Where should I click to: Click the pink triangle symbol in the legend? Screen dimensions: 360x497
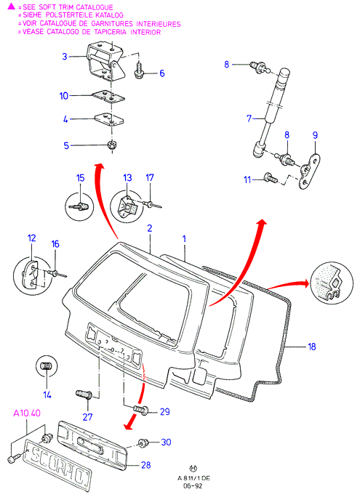[x=12, y=6]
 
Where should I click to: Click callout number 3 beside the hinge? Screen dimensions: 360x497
[x=65, y=57]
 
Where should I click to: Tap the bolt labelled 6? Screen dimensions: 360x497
[x=139, y=71]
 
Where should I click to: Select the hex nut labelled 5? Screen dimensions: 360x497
[x=112, y=145]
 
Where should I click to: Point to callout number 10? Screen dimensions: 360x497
[x=64, y=96]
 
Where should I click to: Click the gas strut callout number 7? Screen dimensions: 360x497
[x=249, y=118]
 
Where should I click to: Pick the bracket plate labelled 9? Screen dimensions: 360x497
[x=310, y=171]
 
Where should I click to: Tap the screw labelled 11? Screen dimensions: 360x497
[x=271, y=177]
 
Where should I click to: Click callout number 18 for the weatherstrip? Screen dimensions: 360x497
[x=312, y=347]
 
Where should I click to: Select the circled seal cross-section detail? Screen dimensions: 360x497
[x=331, y=283]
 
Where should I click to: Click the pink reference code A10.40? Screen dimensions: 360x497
[x=27, y=413]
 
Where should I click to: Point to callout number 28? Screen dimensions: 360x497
[x=146, y=465]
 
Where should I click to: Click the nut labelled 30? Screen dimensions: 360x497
[x=143, y=443]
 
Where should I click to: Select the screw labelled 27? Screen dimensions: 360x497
[x=84, y=395]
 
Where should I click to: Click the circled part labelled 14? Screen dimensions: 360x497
[x=47, y=366]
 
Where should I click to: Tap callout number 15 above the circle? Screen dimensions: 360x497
[x=81, y=178]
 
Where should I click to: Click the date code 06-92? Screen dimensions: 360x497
[x=193, y=486]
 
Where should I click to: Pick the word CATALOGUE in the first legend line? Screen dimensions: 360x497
[x=93, y=7]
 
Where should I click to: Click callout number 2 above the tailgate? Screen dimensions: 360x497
[x=150, y=228]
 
